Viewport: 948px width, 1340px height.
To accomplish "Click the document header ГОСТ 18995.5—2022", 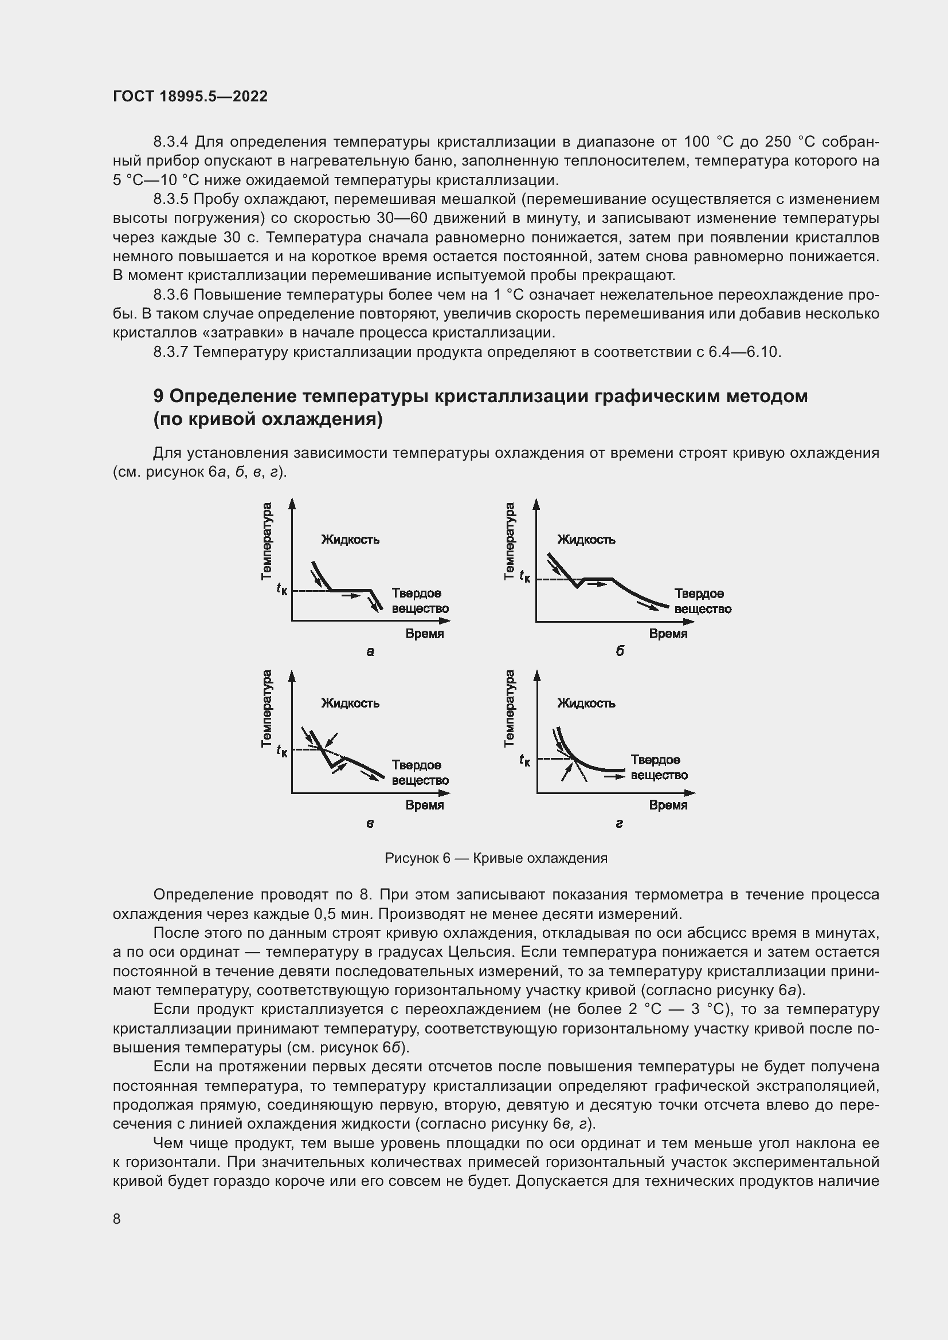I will click(x=190, y=96).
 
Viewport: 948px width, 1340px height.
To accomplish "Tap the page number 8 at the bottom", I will click(x=117, y=1219).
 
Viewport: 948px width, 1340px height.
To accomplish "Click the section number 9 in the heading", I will click(x=158, y=396).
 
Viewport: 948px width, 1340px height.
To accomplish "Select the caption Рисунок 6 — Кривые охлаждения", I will click(x=496, y=858).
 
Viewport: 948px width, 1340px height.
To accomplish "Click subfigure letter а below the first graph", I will click(x=370, y=652).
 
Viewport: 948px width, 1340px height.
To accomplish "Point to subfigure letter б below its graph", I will click(x=620, y=651).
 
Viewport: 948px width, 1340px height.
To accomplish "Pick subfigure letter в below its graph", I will click(x=370, y=823).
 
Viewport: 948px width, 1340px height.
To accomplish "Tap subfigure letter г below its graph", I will click(x=620, y=823).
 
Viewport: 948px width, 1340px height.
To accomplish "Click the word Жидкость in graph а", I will click(x=350, y=539).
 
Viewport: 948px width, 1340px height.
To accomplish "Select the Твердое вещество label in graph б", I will click(x=703, y=601).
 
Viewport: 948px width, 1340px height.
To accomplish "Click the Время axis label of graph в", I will click(x=425, y=805).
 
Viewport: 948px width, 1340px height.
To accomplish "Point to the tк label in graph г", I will click(x=525, y=760).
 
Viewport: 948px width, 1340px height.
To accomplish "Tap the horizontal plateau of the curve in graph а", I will click(x=350, y=590).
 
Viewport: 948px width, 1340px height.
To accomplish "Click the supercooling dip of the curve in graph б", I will click(x=577, y=585).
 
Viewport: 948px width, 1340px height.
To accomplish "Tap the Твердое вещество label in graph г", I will click(x=659, y=768).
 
